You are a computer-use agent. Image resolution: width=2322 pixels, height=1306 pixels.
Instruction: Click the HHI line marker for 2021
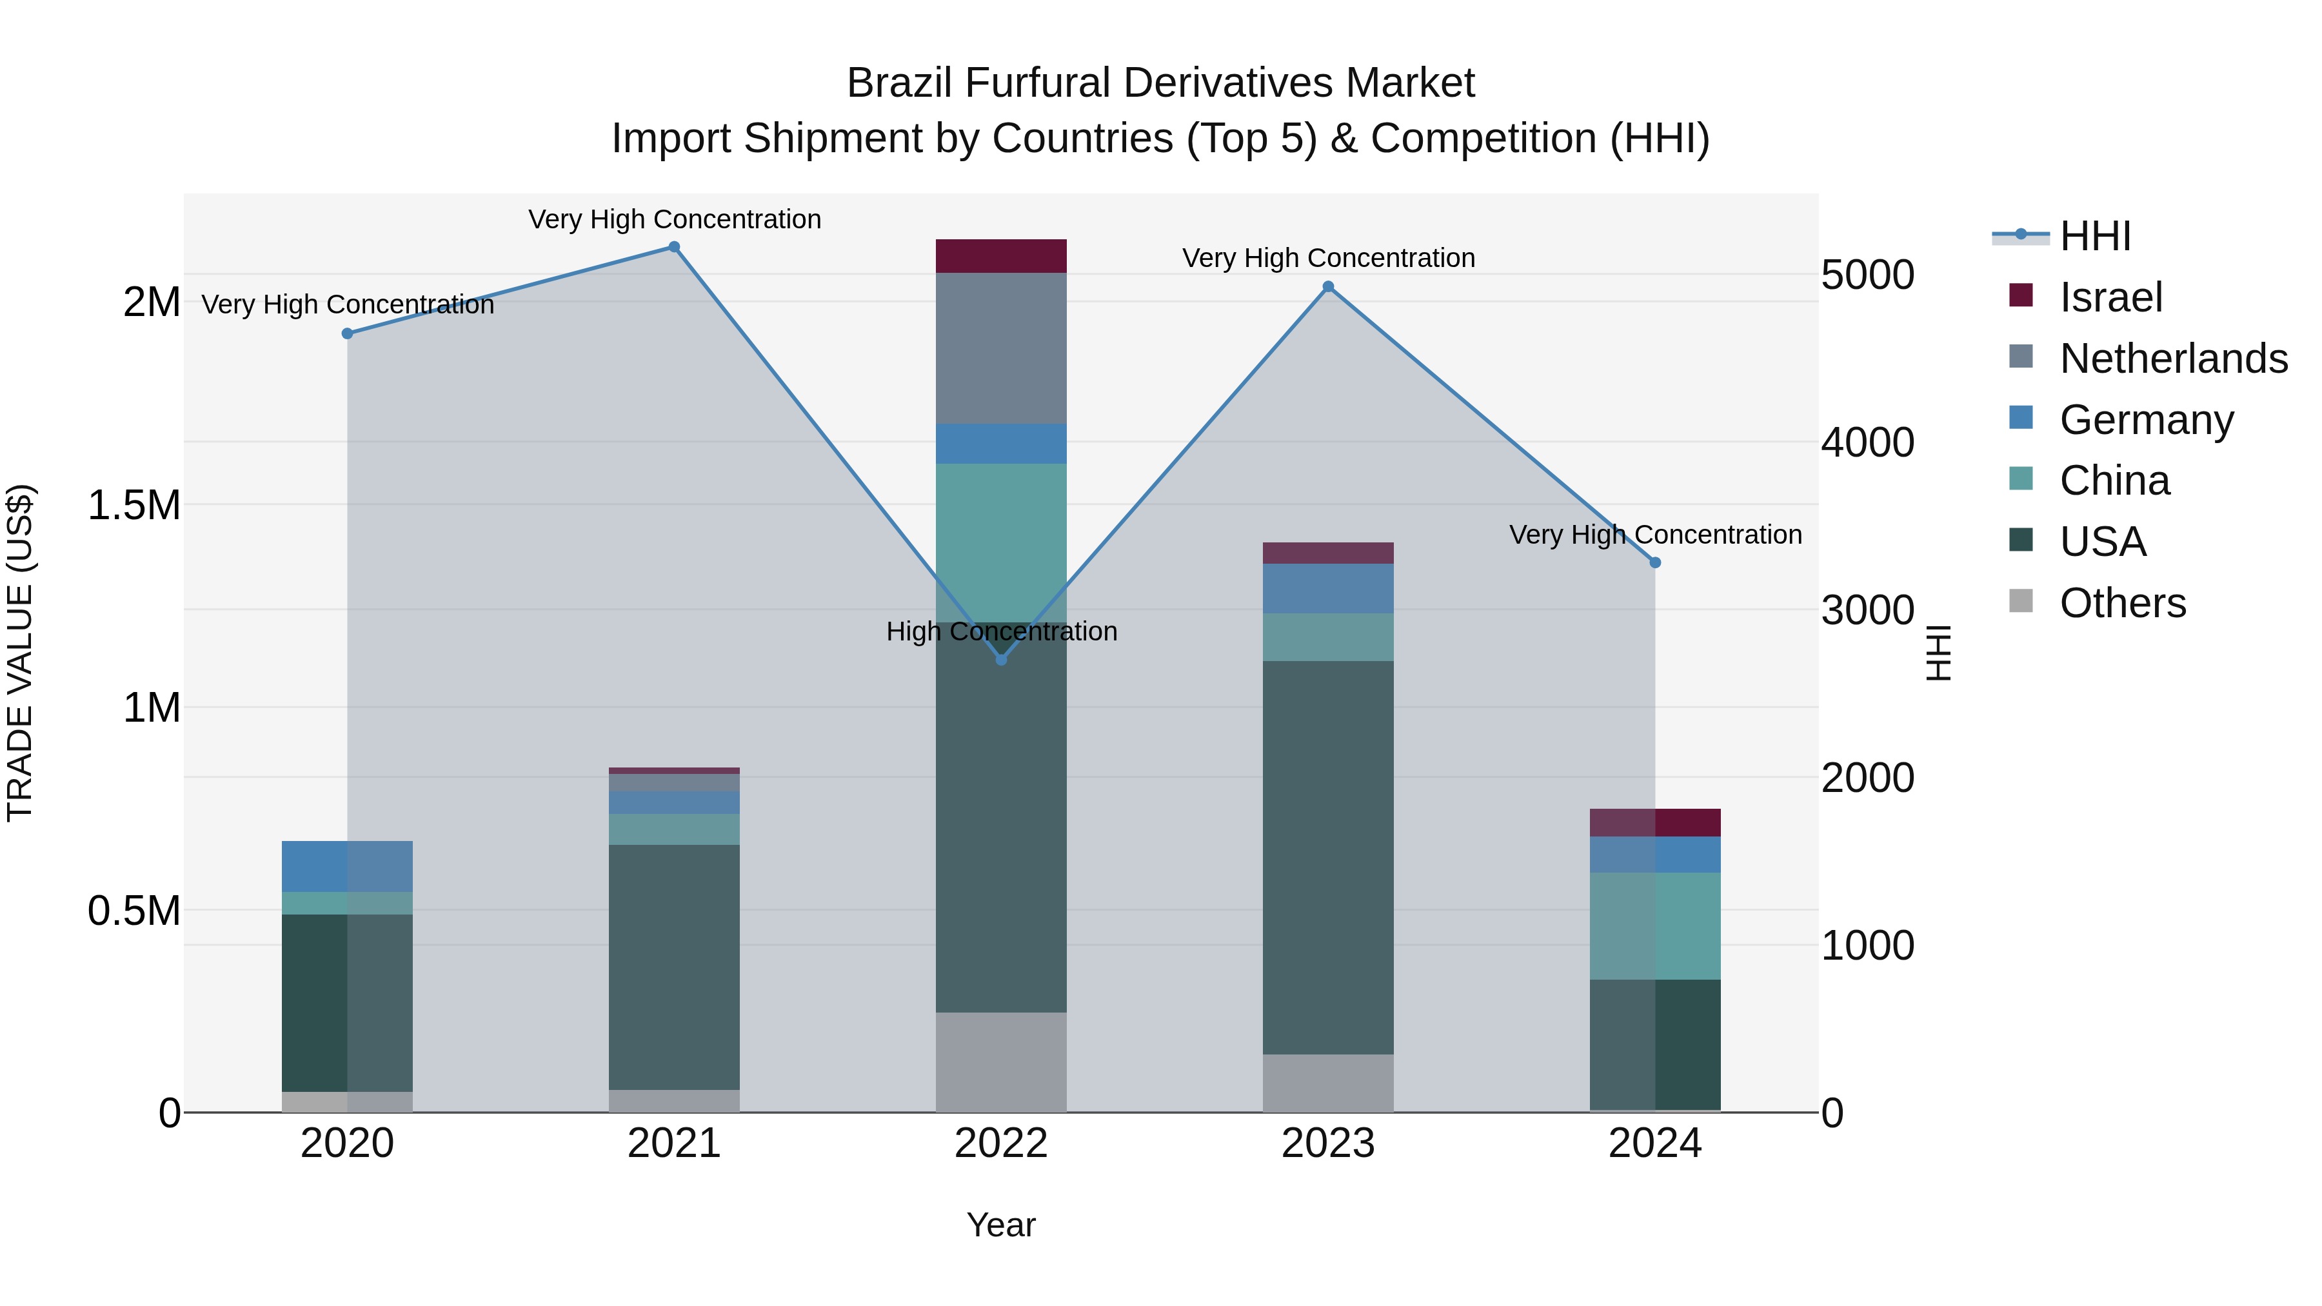click(673, 247)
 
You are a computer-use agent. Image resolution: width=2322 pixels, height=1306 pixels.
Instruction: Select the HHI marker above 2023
click(1328, 286)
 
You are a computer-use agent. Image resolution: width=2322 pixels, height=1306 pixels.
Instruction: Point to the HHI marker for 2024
click(1655, 562)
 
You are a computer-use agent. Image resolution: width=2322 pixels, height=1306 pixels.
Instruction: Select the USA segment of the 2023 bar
click(1328, 856)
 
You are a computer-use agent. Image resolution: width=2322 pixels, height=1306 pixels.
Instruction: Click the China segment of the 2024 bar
click(1655, 925)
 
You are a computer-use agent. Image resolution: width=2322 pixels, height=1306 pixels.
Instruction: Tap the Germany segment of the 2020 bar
click(347, 866)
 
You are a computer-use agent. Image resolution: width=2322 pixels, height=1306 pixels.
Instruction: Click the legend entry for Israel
click(2110, 297)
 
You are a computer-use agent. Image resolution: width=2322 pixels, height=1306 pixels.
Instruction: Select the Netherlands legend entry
click(2172, 359)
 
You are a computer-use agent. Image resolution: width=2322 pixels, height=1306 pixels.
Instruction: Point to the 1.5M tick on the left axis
click(134, 506)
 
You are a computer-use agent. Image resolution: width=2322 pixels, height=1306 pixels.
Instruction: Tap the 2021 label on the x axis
click(673, 1143)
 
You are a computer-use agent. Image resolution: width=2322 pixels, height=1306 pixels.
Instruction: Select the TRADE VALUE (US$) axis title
click(21, 653)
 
